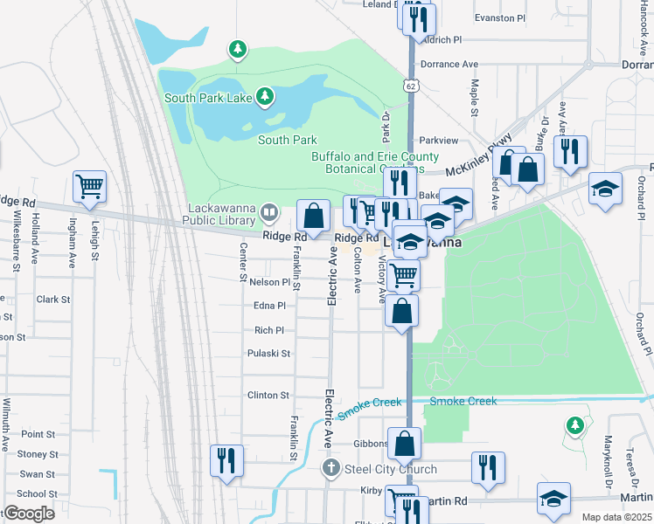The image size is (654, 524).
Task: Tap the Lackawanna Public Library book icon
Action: coord(270,211)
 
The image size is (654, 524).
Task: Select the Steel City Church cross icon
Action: coord(330,470)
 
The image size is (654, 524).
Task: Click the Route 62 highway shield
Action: coord(411,86)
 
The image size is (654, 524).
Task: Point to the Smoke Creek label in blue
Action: coord(463,401)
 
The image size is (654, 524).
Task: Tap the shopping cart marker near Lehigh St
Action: coord(90,187)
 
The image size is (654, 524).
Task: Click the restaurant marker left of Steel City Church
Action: coord(226,461)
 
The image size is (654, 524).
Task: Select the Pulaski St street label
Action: coord(268,354)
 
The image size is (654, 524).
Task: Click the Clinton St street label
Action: coord(268,395)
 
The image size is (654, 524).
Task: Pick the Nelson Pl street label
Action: coord(269,282)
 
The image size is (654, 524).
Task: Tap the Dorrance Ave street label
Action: coord(449,65)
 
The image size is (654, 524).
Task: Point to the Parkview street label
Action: coord(438,140)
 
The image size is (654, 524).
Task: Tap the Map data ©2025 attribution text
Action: coord(616,517)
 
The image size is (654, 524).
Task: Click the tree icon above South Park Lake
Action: coord(238,49)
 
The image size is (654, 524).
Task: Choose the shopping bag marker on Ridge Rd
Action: coord(313,215)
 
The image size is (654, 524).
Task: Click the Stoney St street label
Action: coord(38,454)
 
